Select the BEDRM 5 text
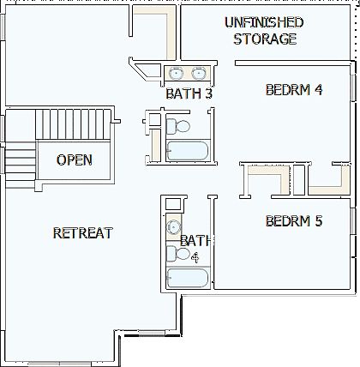click(x=293, y=221)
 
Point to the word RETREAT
click(x=83, y=232)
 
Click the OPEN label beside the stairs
click(x=74, y=159)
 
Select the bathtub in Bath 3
click(x=187, y=152)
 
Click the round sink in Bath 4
click(x=173, y=227)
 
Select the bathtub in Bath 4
click(x=187, y=279)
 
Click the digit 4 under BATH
click(x=195, y=256)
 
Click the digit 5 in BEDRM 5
click(x=318, y=221)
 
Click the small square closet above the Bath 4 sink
click(x=172, y=204)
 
